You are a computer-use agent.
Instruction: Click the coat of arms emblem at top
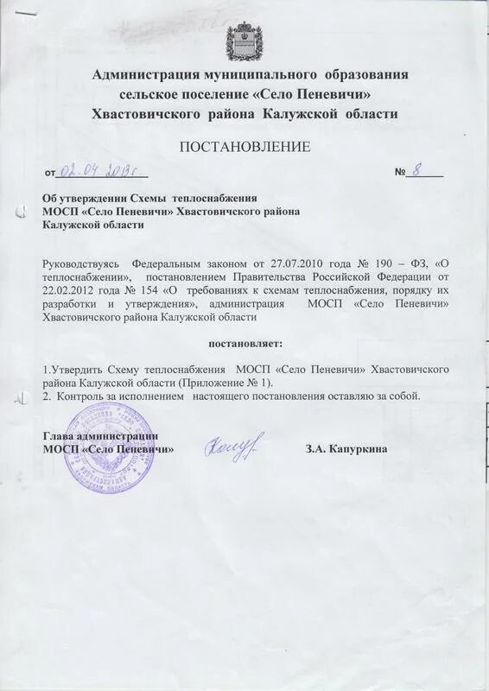coord(244,40)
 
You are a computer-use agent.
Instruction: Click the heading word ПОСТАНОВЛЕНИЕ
coord(244,148)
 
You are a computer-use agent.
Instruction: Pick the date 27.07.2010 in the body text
coord(303,263)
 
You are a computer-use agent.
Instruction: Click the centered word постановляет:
coord(244,345)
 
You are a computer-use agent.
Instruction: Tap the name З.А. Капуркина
coord(346,449)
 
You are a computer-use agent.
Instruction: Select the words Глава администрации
coord(99,437)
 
